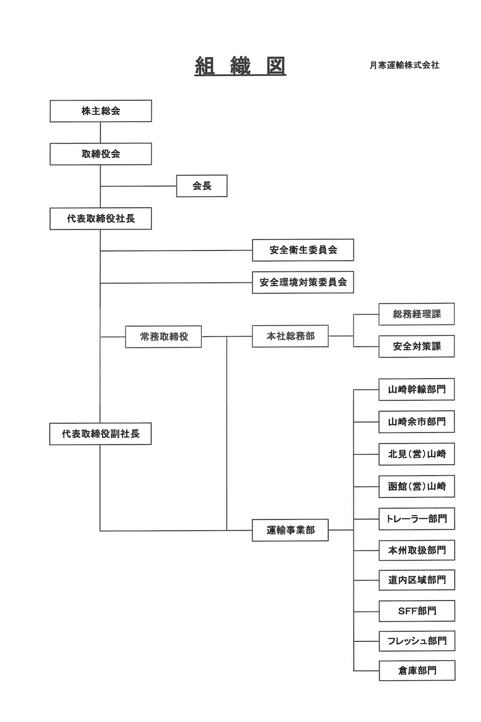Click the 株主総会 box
101,111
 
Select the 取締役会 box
101,154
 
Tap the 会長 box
202,186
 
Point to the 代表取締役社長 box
101,219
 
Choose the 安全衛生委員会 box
303,250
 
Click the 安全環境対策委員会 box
303,283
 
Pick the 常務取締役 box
164,336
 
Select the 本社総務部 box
290,336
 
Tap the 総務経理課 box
417,314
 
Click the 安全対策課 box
417,347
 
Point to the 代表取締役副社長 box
101,434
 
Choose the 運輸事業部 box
290,530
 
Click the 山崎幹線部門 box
417,389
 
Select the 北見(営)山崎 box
417,454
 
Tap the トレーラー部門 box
417,518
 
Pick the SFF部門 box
417,611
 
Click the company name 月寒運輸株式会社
405,65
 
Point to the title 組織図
240,66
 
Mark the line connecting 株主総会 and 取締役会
101,132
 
